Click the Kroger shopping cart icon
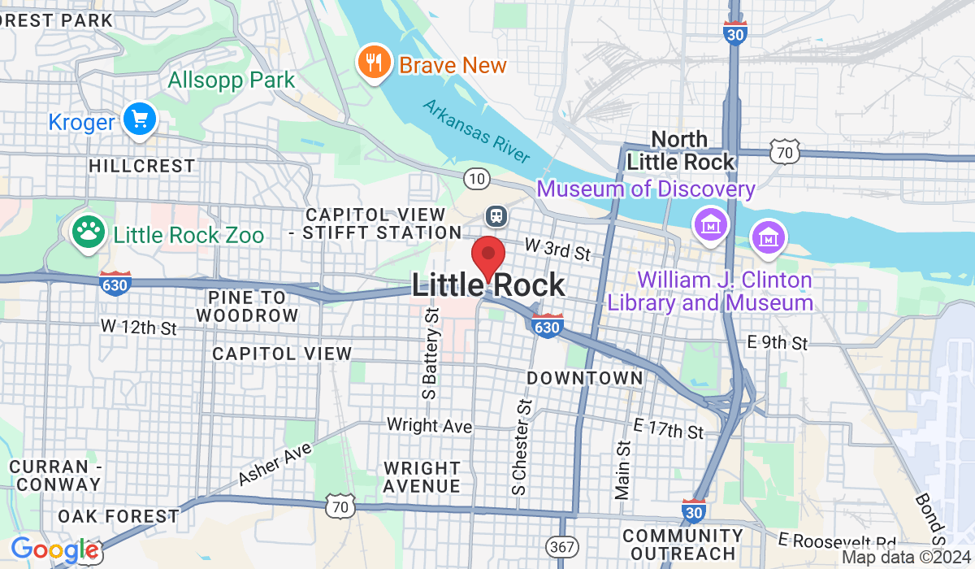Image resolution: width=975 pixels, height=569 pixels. click(x=140, y=120)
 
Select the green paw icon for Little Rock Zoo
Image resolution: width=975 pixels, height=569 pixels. click(x=88, y=232)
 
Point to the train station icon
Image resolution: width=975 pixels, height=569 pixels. click(x=494, y=215)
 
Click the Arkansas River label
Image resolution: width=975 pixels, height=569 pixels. click(x=476, y=131)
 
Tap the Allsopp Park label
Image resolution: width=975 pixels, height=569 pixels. click(x=232, y=80)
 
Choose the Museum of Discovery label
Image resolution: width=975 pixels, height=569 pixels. click(x=646, y=189)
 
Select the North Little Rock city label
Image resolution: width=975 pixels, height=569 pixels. click(x=680, y=150)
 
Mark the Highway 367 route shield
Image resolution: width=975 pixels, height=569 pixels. click(x=562, y=546)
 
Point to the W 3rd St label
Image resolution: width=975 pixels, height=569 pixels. click(x=557, y=249)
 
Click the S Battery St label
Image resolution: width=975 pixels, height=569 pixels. click(x=431, y=353)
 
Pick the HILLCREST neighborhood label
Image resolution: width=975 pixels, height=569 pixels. click(x=142, y=166)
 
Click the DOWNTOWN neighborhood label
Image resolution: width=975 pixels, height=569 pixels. click(x=584, y=378)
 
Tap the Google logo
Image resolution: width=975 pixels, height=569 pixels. click(x=54, y=550)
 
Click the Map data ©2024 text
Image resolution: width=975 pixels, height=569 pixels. click(x=905, y=558)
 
